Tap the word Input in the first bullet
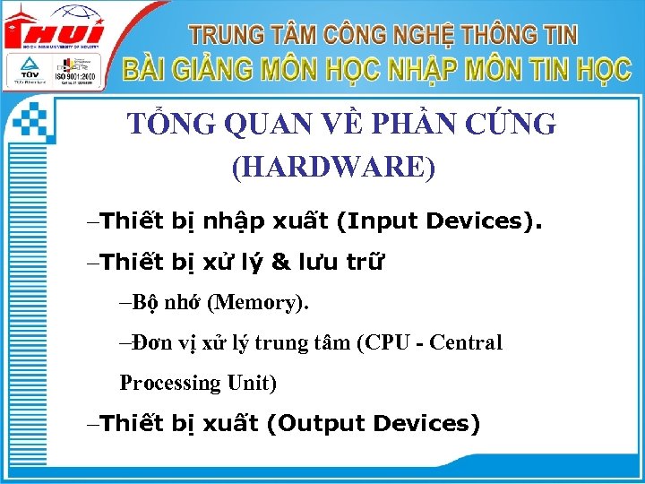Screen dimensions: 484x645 pyautogui.click(x=383, y=220)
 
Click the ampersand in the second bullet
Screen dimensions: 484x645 pyautogui.click(x=280, y=262)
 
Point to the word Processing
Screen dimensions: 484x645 pyautogui.click(x=170, y=384)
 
